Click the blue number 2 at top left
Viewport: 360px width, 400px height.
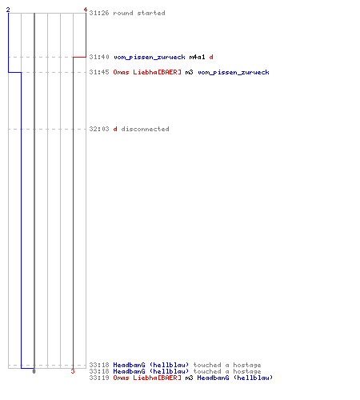coord(8,10)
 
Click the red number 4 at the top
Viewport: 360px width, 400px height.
coord(86,10)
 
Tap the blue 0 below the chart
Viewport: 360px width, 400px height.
coord(34,371)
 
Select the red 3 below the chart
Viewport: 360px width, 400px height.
coord(73,371)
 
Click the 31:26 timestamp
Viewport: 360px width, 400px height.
coord(99,13)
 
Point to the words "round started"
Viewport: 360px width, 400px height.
coord(139,13)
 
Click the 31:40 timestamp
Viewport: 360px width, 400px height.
coord(99,57)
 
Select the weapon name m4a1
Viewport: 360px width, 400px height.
coord(197,57)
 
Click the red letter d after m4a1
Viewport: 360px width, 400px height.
coord(211,57)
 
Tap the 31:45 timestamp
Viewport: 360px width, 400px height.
coord(99,72)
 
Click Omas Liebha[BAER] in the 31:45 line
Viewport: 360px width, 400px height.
coord(147,72)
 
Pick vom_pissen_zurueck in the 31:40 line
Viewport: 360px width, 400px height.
coord(150,57)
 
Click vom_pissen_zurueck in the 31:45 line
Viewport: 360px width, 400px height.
coord(234,72)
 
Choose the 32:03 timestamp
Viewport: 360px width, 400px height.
coord(99,129)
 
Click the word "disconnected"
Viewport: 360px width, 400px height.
coord(145,129)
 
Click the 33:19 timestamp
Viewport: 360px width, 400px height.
coord(99,378)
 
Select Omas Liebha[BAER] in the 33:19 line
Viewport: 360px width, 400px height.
coord(147,378)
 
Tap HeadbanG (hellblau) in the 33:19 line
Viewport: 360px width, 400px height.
coord(235,378)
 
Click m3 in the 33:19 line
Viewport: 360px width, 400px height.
coord(189,378)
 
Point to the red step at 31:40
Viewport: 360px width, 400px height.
coord(79,57)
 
